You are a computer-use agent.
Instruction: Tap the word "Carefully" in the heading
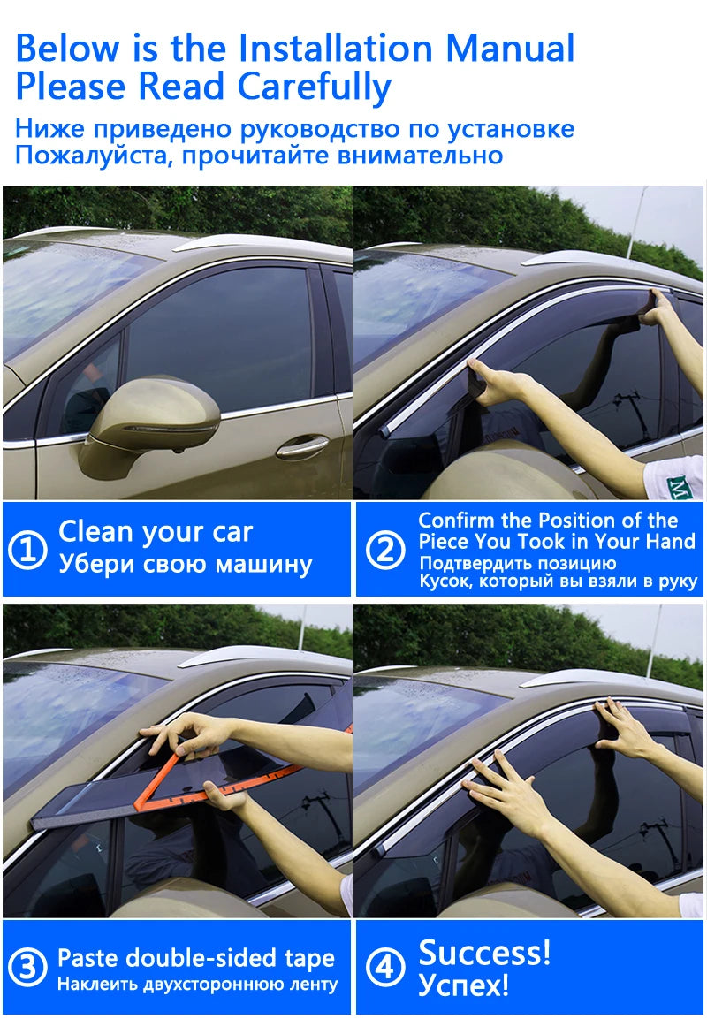315,87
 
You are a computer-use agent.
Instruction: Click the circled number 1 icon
27,549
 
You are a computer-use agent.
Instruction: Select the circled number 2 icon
385,549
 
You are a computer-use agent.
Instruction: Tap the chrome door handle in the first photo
302,447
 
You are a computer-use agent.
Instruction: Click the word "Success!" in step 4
484,952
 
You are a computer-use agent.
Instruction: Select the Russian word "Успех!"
463,985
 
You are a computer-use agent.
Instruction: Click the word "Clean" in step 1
95,532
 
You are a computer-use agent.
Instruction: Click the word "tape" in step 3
309,959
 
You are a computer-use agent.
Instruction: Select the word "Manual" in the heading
511,48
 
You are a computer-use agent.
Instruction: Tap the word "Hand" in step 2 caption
670,542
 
